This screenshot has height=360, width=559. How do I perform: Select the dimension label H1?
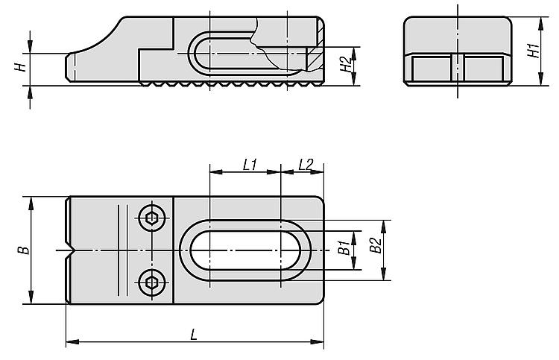click(x=534, y=51)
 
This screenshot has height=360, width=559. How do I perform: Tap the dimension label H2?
click(x=346, y=64)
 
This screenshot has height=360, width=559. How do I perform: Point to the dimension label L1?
click(x=250, y=165)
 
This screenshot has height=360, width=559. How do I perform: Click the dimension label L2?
click(x=306, y=165)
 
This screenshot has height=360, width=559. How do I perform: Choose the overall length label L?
click(x=194, y=335)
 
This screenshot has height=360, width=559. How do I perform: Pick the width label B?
click(x=24, y=250)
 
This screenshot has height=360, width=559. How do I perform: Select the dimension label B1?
click(x=344, y=247)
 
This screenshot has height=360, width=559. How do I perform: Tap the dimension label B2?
click(x=376, y=245)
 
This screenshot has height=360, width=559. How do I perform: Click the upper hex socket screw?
click(x=152, y=218)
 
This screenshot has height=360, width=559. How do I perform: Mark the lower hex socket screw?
click(x=152, y=282)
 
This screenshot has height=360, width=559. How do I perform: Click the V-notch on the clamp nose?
click(x=69, y=250)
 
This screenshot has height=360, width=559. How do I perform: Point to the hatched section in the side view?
click(x=315, y=57)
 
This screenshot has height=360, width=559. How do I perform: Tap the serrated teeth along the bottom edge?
click(x=231, y=83)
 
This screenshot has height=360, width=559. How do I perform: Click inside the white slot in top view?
click(x=245, y=250)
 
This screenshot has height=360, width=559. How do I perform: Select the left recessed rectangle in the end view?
click(x=432, y=69)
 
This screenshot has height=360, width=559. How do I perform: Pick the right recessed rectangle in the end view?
click(x=484, y=69)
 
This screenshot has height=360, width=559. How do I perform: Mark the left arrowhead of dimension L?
click(x=72, y=342)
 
